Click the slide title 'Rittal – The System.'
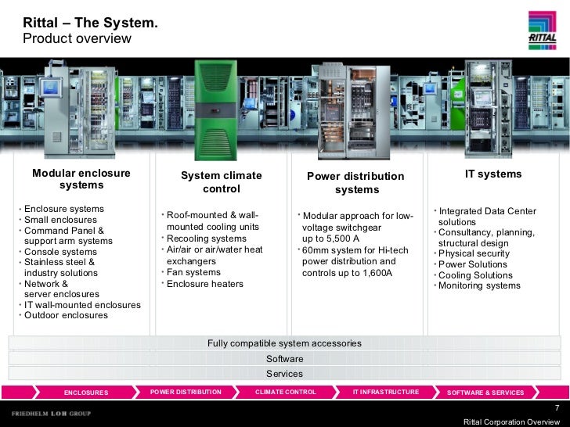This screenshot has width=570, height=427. click(x=90, y=24)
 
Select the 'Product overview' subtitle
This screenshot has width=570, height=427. click(x=77, y=39)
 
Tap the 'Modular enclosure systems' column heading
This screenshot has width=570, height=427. click(x=81, y=179)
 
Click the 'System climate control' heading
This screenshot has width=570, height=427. click(x=222, y=182)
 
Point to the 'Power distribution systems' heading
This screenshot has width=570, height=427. click(x=356, y=183)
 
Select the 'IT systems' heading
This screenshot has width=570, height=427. click(x=493, y=174)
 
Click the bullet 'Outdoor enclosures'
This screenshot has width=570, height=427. click(x=67, y=316)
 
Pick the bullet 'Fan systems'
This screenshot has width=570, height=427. click(x=193, y=272)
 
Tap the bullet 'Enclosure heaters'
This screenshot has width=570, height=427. click(x=205, y=283)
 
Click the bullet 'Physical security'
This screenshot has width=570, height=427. click(x=474, y=253)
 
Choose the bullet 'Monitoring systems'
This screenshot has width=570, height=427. click(x=479, y=285)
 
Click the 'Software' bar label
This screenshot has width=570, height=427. click(x=284, y=359)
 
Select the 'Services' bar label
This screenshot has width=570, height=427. click(x=284, y=374)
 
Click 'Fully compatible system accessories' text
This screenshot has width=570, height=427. click(x=284, y=343)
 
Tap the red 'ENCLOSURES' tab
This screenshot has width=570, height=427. click(x=85, y=393)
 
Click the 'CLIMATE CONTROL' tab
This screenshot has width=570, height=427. click(x=286, y=392)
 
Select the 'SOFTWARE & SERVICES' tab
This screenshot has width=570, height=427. click(x=485, y=393)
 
